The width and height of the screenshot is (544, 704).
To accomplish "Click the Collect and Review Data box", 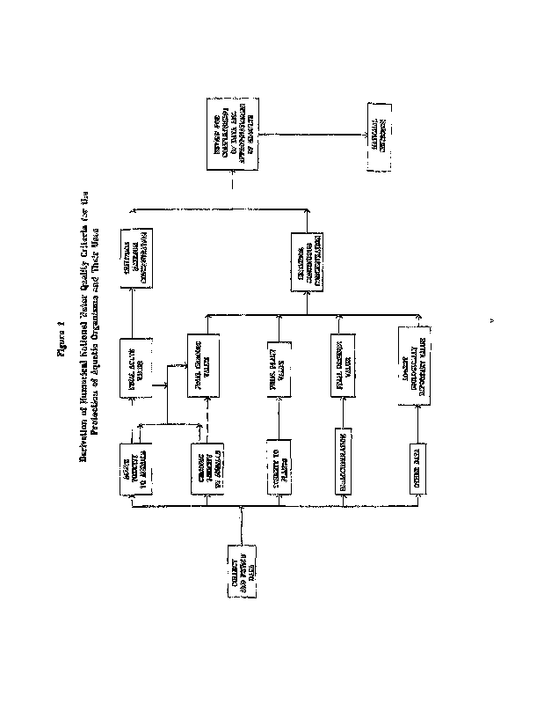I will (x=238, y=579).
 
